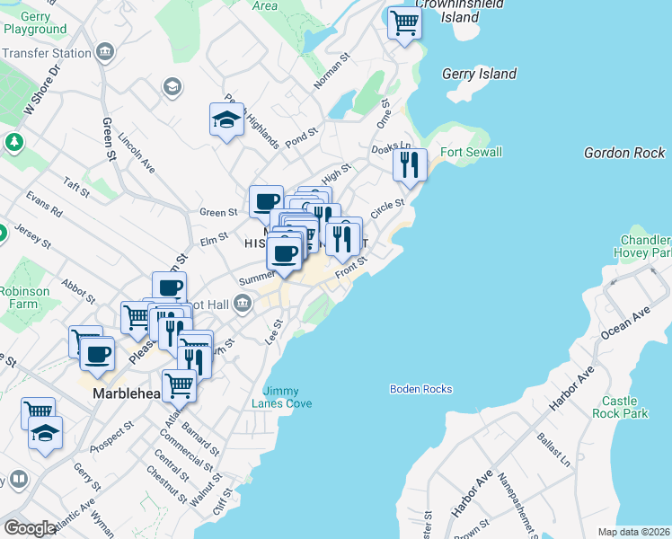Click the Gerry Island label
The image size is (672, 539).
(x=480, y=75)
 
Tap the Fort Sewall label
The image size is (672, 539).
(x=471, y=153)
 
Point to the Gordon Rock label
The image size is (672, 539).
(x=623, y=153)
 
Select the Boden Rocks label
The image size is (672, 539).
(x=420, y=389)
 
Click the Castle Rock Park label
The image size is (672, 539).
(x=620, y=407)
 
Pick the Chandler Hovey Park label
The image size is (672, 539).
(x=645, y=247)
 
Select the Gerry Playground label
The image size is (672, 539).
(x=34, y=22)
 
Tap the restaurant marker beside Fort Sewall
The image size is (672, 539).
(x=409, y=165)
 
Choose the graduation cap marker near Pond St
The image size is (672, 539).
(x=226, y=119)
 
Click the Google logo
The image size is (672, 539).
(x=30, y=527)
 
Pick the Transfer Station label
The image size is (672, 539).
(x=46, y=53)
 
